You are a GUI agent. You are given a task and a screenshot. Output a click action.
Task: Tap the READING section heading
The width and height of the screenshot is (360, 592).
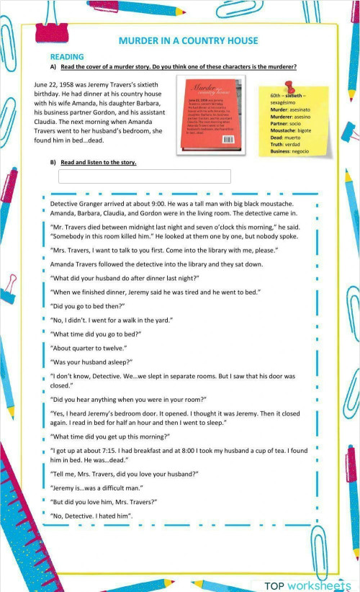pos(67,56)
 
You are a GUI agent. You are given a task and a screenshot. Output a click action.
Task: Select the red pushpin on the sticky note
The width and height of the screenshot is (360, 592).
pos(289,86)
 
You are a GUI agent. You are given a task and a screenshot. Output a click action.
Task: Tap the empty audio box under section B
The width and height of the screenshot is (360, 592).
pos(144,176)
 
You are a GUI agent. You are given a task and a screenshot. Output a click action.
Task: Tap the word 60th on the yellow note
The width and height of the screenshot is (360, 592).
pos(276,96)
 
